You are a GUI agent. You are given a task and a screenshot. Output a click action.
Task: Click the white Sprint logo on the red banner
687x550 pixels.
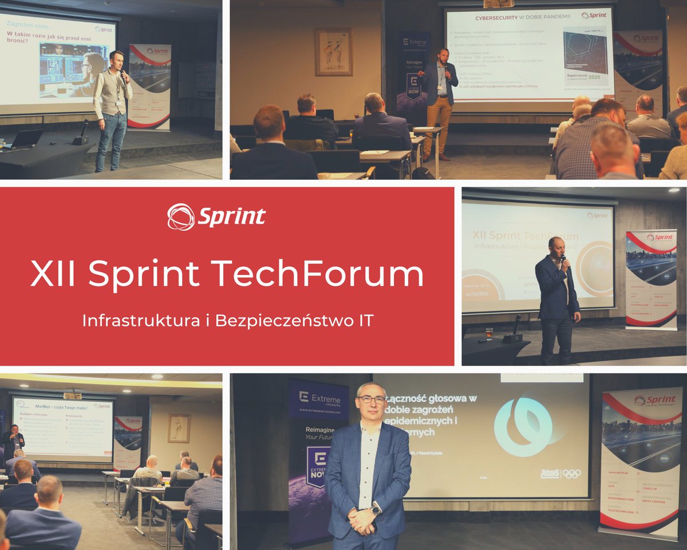point(216,217)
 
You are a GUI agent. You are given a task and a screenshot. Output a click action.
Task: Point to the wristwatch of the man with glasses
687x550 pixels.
point(376,508)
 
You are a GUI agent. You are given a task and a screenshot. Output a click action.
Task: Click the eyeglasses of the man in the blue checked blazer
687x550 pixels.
point(372,399)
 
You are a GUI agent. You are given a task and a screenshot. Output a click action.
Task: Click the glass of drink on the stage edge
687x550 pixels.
point(489,333)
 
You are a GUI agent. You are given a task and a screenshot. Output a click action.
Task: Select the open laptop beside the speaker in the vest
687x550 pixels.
point(27,138)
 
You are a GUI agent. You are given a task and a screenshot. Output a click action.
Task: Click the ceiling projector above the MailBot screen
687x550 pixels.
point(72,395)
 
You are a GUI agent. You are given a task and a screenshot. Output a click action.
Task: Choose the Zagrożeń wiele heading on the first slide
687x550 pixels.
point(32,23)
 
